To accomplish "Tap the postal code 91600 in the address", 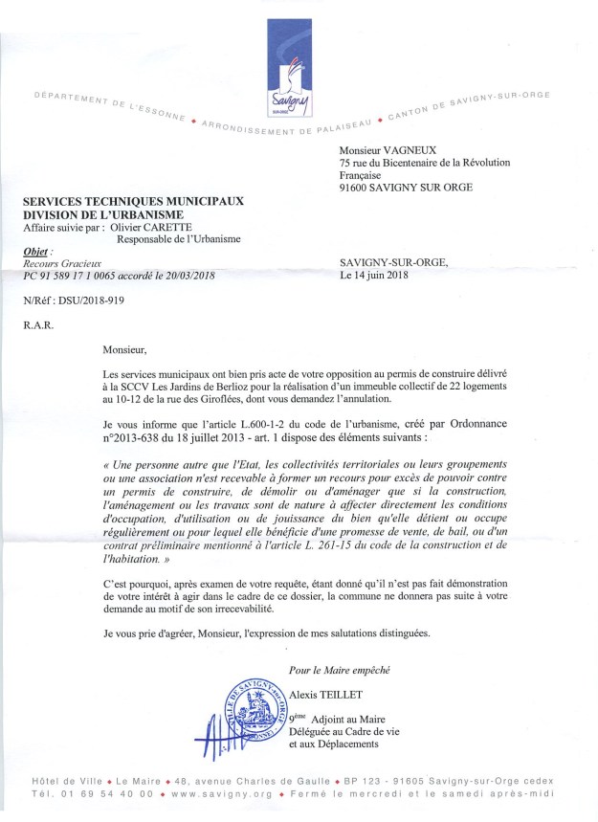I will [360, 189].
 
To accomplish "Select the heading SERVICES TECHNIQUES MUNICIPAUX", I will [135, 202].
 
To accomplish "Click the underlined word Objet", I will [36, 251].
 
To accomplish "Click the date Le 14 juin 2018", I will [374, 276].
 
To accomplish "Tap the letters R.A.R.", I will [38, 325].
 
